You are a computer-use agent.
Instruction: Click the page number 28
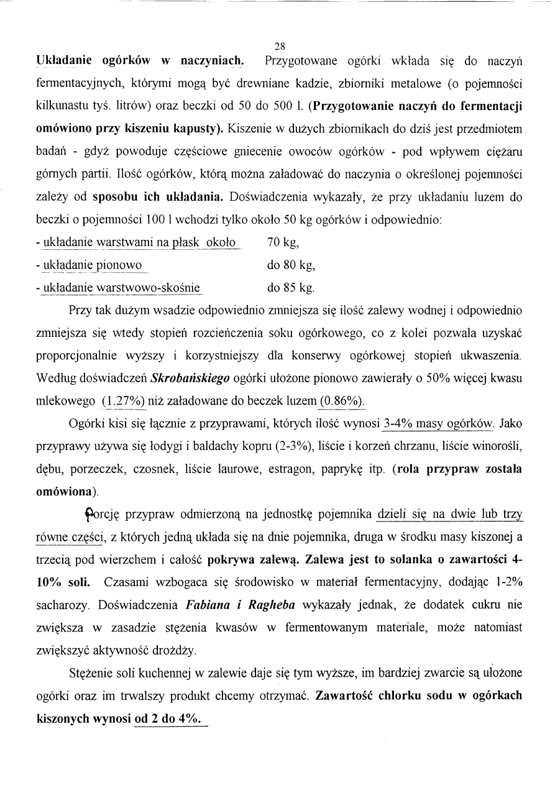[279, 45]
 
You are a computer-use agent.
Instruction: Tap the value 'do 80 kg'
[291, 265]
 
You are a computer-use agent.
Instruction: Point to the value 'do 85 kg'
[291, 288]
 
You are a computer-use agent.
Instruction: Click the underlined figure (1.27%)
[122, 401]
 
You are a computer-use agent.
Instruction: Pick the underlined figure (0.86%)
[341, 401]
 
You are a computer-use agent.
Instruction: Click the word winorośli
[499, 446]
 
